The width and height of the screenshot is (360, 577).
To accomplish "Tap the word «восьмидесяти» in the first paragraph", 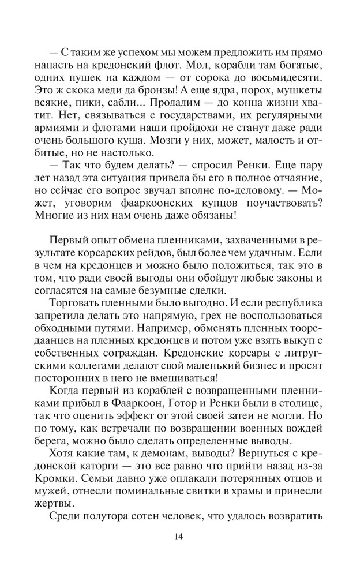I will (x=289, y=77).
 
